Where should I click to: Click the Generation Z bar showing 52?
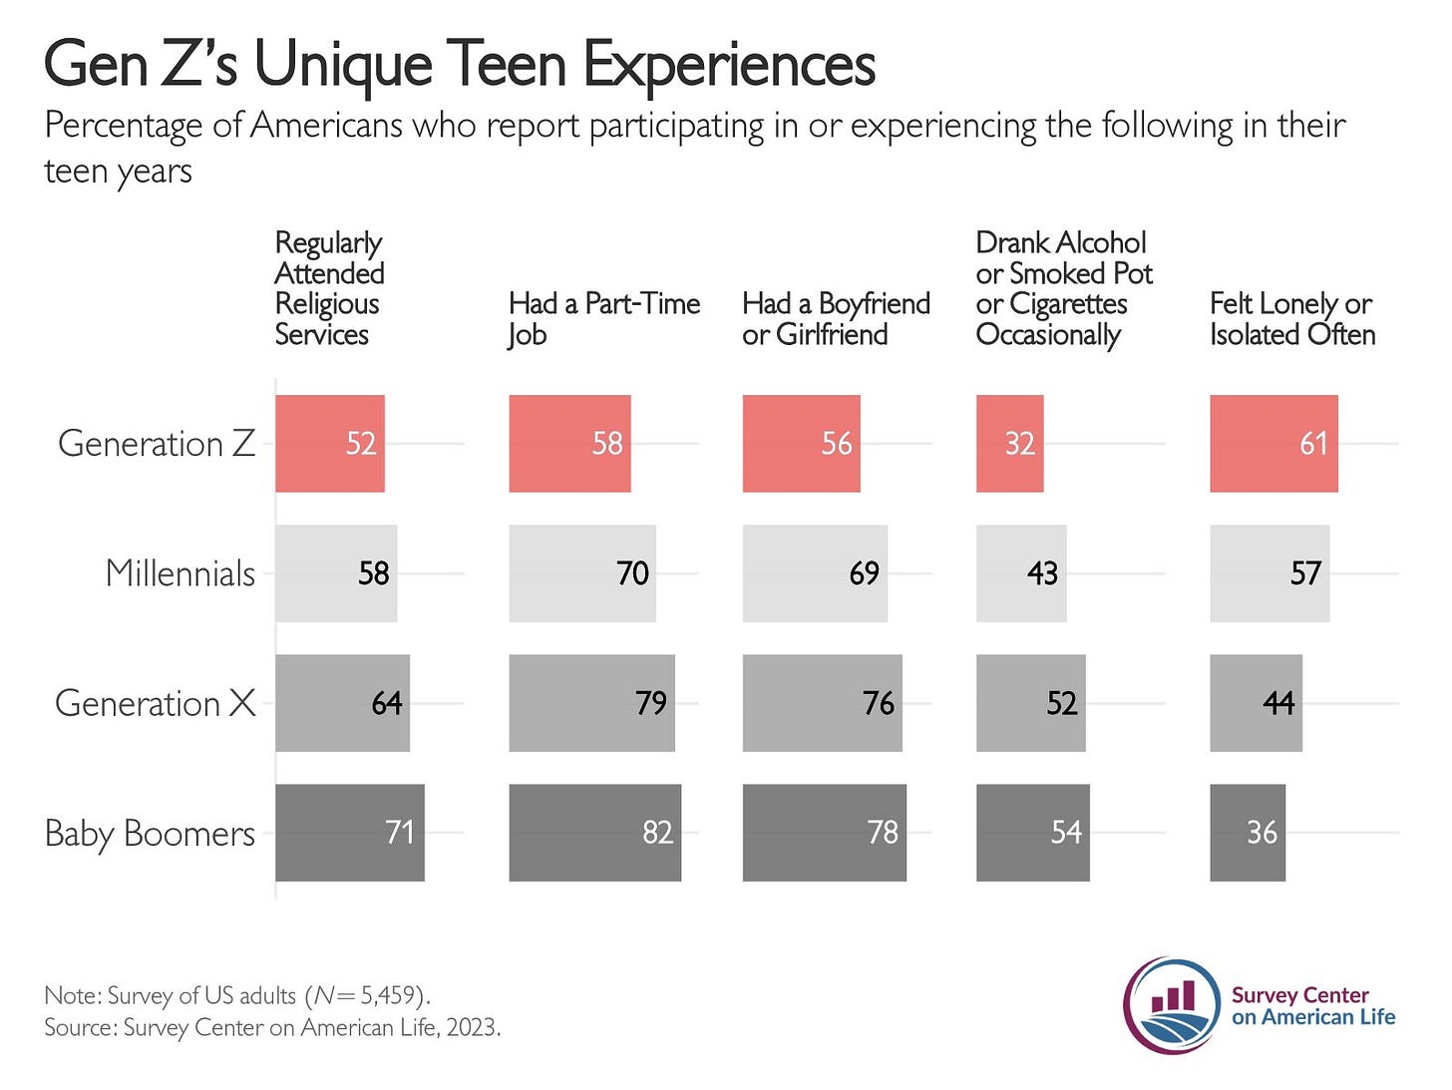(x=329, y=444)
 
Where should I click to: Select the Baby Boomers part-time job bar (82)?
(x=594, y=833)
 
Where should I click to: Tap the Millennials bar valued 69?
(x=814, y=573)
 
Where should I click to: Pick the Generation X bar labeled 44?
(x=1255, y=703)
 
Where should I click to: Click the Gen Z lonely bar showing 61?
(x=1272, y=444)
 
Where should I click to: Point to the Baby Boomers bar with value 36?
(x=1247, y=833)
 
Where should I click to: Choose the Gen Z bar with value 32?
(x=1008, y=444)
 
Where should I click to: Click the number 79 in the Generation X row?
(x=650, y=703)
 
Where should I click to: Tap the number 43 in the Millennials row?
(x=1042, y=573)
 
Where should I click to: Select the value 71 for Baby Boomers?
(x=399, y=833)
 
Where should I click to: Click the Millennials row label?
(x=180, y=573)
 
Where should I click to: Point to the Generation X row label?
(x=155, y=703)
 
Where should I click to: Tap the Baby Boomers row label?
(x=150, y=833)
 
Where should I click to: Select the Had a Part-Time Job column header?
(x=603, y=318)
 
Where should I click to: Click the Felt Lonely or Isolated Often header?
(x=1291, y=318)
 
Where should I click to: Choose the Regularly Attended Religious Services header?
(x=328, y=288)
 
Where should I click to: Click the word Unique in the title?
(x=343, y=65)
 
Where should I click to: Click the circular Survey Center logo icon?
(x=1172, y=1005)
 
